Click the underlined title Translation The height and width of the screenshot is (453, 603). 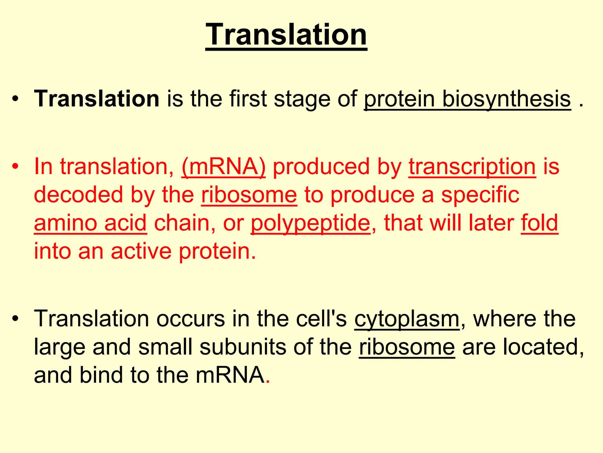(x=286, y=35)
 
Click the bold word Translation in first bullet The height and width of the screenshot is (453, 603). (x=97, y=99)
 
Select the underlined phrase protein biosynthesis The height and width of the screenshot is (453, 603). (x=468, y=99)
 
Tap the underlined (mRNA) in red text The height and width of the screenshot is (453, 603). (x=223, y=167)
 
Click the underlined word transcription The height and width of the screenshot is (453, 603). (x=472, y=167)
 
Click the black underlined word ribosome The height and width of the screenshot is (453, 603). (x=407, y=347)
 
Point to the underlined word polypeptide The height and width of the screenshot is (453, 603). (x=311, y=223)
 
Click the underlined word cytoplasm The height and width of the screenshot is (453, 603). (x=407, y=319)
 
